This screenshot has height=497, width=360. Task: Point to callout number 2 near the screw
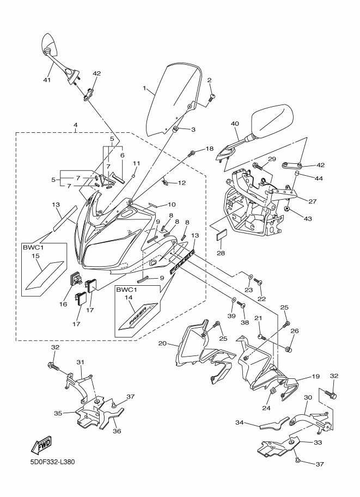pyautogui.click(x=209, y=80)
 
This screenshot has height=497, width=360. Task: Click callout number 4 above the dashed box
pyautogui.click(x=75, y=125)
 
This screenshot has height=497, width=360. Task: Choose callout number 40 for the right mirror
pyautogui.click(x=235, y=124)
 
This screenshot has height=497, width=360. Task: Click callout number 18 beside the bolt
pyautogui.click(x=209, y=149)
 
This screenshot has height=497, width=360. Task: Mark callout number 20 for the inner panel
pyautogui.click(x=162, y=343)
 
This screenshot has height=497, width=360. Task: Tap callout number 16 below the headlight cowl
pyautogui.click(x=64, y=304)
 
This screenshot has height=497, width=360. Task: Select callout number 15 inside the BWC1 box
pyautogui.click(x=35, y=255)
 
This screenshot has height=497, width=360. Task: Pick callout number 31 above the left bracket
pyautogui.click(x=80, y=362)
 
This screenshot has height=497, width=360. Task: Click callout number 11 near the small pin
pyautogui.click(x=136, y=163)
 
